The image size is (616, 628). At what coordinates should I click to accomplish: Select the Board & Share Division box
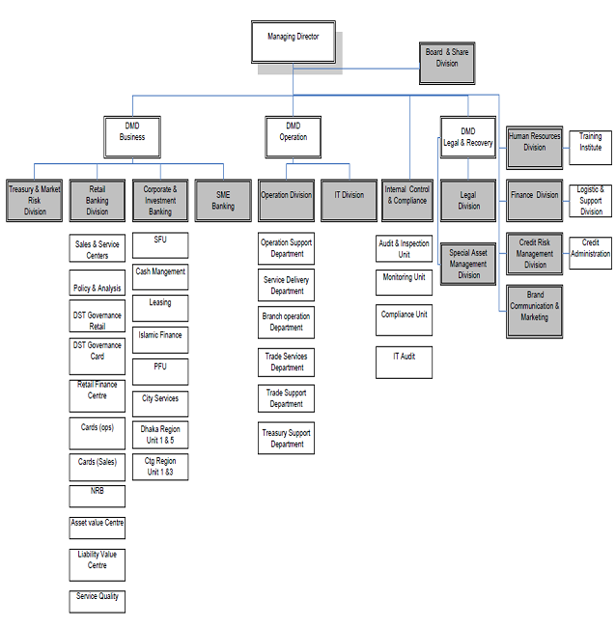(447, 58)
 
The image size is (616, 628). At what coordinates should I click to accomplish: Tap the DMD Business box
(132, 132)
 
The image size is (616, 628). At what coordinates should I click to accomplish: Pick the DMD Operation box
(293, 132)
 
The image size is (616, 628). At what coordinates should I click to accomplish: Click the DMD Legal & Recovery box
(467, 137)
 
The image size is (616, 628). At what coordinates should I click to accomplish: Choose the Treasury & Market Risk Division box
(35, 200)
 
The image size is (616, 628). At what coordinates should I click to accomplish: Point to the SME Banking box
(223, 200)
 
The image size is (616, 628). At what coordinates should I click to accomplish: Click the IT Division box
(349, 196)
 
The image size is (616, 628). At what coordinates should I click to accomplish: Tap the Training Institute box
(590, 143)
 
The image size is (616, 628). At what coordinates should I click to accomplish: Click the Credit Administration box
(590, 248)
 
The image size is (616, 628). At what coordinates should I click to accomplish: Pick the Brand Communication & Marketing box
(535, 307)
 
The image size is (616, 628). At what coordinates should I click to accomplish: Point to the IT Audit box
(404, 360)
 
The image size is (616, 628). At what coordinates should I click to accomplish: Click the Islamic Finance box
(160, 338)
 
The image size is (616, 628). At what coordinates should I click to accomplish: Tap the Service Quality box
(98, 599)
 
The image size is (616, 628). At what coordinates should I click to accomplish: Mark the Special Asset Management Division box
(468, 264)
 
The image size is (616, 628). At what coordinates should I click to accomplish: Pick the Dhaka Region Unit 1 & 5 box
(160, 435)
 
